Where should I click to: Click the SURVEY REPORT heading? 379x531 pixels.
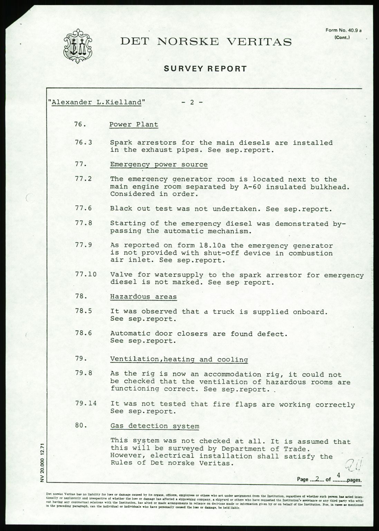[205, 69]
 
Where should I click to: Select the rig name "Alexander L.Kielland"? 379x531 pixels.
[96, 102]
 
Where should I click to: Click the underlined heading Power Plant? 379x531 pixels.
[134, 125]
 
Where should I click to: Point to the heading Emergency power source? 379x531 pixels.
[159, 165]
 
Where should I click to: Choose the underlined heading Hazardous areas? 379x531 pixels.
[143, 297]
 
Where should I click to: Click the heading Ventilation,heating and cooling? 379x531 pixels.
[179, 360]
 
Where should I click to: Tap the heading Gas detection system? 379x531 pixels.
[154, 426]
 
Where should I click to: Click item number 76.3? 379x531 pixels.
[83, 142]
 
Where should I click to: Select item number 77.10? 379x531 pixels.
[85, 275]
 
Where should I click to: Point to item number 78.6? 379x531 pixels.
[83, 333]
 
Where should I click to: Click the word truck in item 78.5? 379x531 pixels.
[224, 311]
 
